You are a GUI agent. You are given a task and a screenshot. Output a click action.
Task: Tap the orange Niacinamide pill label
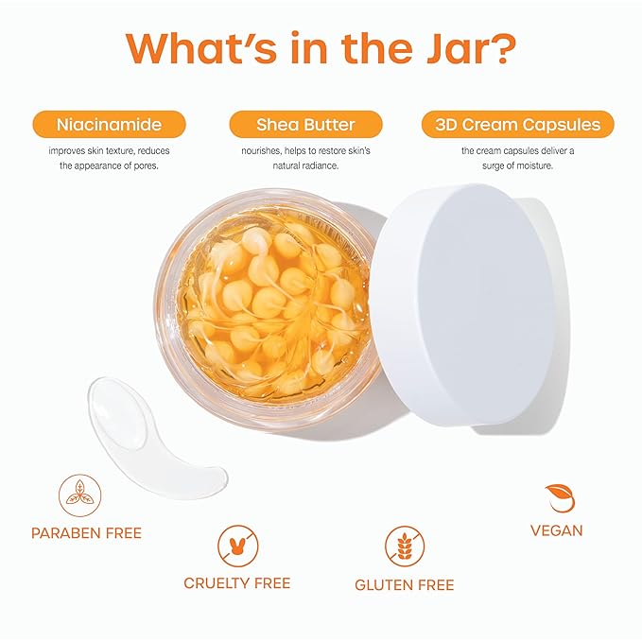click(x=109, y=124)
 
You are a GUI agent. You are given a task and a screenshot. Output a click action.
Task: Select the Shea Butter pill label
click(x=305, y=124)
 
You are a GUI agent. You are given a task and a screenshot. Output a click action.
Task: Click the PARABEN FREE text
click(x=86, y=533)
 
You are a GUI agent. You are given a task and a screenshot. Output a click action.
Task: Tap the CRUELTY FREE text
click(x=237, y=583)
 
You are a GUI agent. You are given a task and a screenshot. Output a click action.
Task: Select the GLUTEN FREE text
click(x=404, y=585)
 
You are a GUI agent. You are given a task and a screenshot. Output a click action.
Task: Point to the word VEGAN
click(x=557, y=530)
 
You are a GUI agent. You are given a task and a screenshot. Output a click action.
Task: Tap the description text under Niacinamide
click(x=109, y=158)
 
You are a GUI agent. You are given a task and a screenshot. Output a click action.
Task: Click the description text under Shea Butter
click(x=305, y=158)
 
